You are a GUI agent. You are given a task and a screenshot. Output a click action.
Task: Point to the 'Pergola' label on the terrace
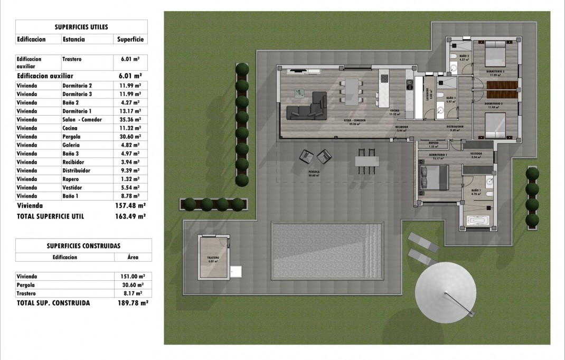pyautogui.click(x=315, y=172)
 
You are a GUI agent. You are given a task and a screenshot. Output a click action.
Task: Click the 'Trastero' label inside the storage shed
pyautogui.click(x=213, y=258)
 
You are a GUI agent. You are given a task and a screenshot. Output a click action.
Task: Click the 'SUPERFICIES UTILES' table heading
pyautogui.click(x=82, y=26)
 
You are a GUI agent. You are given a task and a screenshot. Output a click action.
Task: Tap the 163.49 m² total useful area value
pyautogui.click(x=130, y=216)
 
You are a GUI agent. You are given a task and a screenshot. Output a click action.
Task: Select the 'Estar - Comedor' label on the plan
pyautogui.click(x=356, y=120)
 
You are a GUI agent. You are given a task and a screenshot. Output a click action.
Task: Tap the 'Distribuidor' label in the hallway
pyautogui.click(x=454, y=127)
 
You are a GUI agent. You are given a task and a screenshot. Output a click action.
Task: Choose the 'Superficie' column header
pyautogui.click(x=129, y=39)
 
